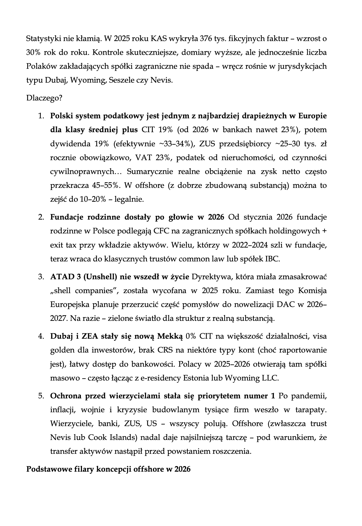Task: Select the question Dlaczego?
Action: pos(44,98)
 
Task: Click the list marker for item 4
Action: pos(41,336)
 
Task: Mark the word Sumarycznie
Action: pos(151,172)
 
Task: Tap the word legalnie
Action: pos(129,199)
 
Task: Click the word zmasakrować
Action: pos(303,277)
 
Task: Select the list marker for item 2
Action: pos(41,217)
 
